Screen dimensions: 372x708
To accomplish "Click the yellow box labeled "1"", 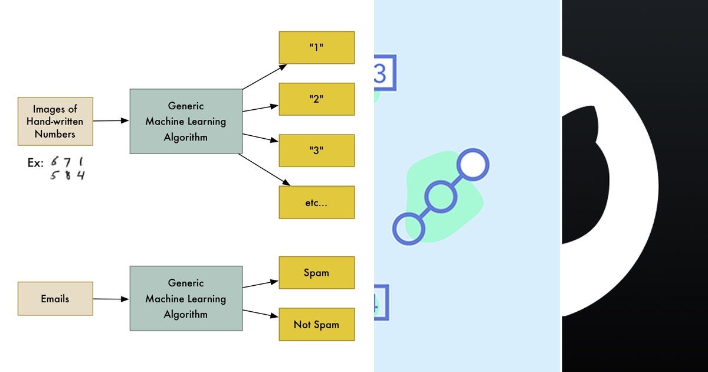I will [x=316, y=48].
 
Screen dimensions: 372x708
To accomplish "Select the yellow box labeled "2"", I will [x=316, y=99].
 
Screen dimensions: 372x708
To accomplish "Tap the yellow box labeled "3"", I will [x=316, y=151].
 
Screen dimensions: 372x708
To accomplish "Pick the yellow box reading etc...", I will [x=316, y=203].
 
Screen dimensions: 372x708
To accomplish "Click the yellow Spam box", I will [x=316, y=273].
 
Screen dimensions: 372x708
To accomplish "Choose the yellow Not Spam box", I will [x=316, y=324].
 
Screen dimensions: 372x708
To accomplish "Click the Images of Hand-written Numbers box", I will [x=55, y=122].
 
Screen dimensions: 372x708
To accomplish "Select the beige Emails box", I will [x=55, y=299].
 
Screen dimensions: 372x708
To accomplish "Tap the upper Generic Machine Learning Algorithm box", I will [x=186, y=122].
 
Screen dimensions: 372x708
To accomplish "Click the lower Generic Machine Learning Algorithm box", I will [x=186, y=299].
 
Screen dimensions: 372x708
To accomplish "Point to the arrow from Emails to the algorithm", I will [x=111, y=299].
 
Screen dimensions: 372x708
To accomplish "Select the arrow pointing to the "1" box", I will [x=264, y=77].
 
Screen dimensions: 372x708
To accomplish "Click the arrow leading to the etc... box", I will [x=264, y=170].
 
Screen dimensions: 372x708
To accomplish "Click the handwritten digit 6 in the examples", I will [x=54, y=162].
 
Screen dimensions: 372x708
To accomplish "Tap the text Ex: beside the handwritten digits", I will [x=35, y=163].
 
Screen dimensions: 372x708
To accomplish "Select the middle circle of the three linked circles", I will [x=440, y=197].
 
